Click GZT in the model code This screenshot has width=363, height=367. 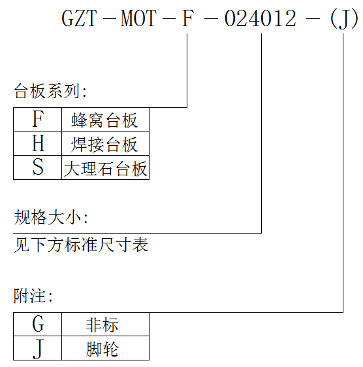79,18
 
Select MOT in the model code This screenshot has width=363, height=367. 138,18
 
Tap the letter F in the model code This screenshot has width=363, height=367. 188,18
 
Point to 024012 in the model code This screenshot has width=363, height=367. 260,18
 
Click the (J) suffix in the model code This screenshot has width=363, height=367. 343,19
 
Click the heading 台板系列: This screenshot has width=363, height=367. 50,91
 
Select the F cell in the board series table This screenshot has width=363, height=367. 38,119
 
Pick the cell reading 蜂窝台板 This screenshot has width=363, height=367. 105,119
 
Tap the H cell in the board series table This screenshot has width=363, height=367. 38,143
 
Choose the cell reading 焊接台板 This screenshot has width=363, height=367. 105,143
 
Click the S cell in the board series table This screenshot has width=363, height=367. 38,167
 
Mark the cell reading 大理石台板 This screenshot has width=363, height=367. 105,167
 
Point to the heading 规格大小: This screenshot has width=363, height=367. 51,217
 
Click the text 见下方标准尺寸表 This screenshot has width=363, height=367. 81,245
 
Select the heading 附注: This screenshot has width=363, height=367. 33,296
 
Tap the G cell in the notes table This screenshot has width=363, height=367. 38,324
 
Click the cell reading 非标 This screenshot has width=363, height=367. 105,324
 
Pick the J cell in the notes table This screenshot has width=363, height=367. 38,348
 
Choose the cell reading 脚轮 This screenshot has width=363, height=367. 105,348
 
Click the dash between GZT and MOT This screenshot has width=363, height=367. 109,19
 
